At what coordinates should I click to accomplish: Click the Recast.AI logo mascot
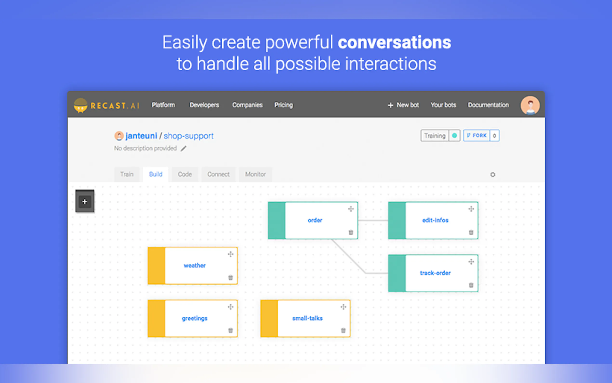(x=80, y=105)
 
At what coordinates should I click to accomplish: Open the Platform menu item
(x=163, y=105)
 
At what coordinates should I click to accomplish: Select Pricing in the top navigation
(x=284, y=105)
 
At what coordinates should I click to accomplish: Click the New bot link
(x=404, y=105)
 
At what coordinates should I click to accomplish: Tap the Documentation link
(x=488, y=105)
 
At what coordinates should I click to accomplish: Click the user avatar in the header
(x=530, y=105)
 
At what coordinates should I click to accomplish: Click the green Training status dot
(x=454, y=136)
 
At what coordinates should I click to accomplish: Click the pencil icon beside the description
(x=183, y=148)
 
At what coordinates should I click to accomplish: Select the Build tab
(x=155, y=174)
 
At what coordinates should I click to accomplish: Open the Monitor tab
(x=255, y=174)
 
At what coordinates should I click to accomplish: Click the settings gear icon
(x=492, y=175)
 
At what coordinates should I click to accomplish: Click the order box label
(x=315, y=220)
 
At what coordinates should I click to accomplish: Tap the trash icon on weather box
(x=231, y=278)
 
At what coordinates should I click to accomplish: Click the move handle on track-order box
(x=471, y=262)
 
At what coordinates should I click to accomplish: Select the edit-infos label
(x=435, y=220)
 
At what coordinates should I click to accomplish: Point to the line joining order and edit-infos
(x=373, y=220)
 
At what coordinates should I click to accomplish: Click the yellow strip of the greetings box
(x=156, y=318)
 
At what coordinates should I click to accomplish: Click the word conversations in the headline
(x=394, y=42)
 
